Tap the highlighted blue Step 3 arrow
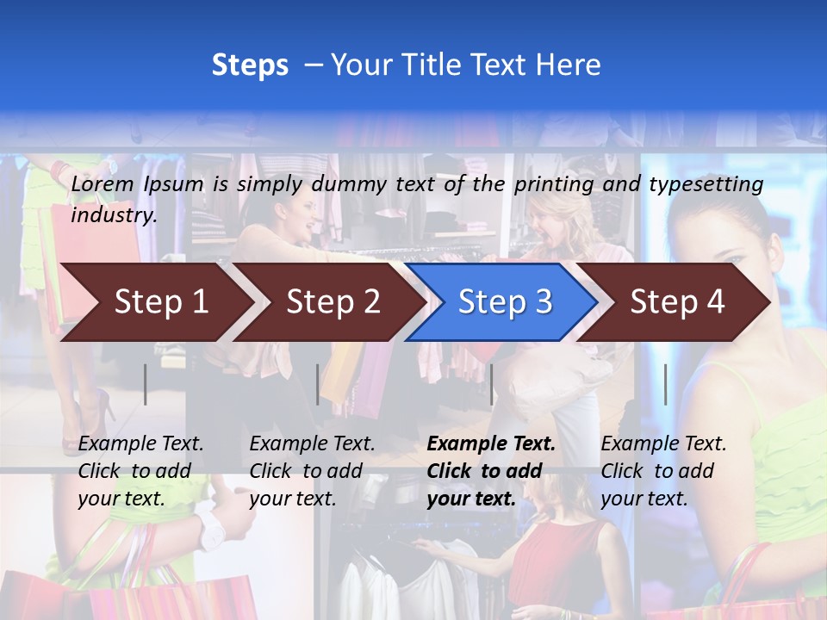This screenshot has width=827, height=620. [x=505, y=302]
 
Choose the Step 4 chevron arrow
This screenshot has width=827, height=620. [x=677, y=302]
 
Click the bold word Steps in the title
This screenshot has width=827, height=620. [x=250, y=65]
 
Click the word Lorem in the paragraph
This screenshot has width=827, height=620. [x=102, y=184]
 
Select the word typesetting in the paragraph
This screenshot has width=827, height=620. [x=706, y=184]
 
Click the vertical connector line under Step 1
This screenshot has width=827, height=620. [x=146, y=384]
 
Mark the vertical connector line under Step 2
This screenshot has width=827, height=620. [x=318, y=384]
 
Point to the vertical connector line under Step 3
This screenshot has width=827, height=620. [x=492, y=384]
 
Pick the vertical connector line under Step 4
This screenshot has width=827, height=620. [x=665, y=384]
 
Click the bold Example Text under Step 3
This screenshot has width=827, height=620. [x=491, y=444]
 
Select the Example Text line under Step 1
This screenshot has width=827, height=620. [x=140, y=444]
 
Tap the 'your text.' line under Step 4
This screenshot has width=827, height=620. [x=644, y=499]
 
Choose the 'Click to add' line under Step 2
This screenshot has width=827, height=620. [x=306, y=472]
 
